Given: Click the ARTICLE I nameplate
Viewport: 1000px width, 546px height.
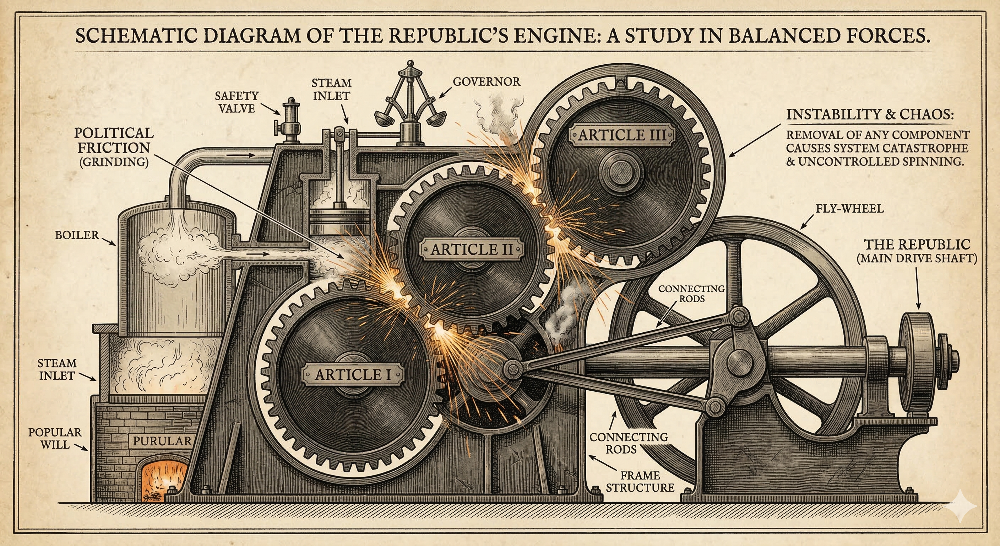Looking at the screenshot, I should (353, 375).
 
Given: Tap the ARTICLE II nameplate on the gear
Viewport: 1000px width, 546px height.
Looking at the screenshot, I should (472, 249).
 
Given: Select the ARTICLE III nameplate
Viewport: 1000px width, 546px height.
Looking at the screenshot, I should (622, 135).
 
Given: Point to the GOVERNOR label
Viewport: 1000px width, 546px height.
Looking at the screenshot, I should (487, 82).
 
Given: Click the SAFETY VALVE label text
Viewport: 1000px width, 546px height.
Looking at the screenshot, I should (237, 102).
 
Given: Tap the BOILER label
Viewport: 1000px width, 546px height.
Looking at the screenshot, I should (77, 235).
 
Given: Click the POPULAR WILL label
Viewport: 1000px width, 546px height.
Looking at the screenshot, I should (55, 438).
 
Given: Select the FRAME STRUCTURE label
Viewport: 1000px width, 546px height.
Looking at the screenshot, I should (640, 481).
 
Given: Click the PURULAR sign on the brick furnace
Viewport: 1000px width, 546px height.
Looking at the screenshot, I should (162, 441).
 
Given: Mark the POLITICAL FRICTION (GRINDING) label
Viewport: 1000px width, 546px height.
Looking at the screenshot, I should (114, 147).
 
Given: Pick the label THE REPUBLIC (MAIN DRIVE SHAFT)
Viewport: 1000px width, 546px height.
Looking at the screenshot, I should (917, 251).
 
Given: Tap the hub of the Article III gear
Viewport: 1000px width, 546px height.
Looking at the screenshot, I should (621, 171).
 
